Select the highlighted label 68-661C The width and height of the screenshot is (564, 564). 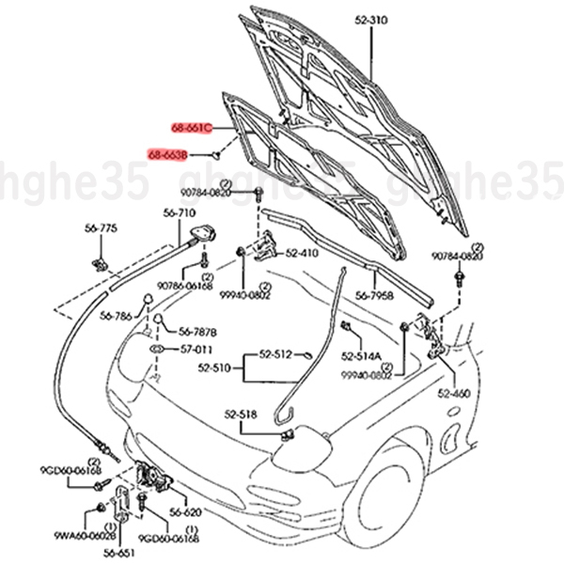191,126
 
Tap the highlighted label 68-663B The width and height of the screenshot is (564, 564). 168,152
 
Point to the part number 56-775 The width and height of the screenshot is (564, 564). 101,228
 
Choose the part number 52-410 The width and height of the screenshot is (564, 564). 302,253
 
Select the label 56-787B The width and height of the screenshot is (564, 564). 197,332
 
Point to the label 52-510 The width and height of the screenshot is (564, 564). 214,369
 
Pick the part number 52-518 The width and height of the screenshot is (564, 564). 241,415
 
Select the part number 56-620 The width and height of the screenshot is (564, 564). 186,512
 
